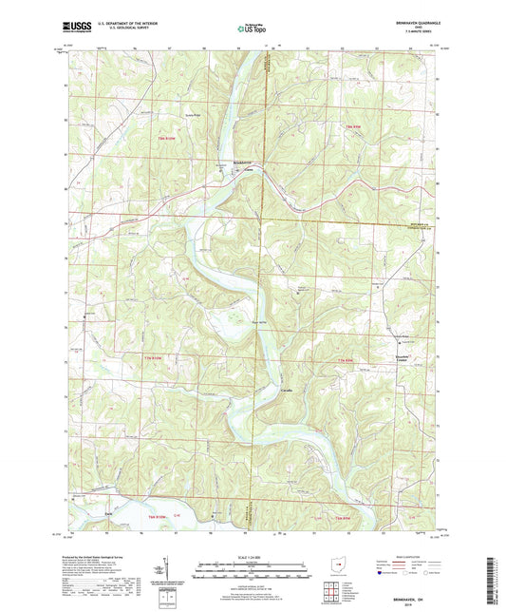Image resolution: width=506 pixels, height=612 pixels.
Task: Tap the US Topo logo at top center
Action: [x=252, y=29]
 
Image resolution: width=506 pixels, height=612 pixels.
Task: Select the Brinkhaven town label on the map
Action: [x=244, y=162]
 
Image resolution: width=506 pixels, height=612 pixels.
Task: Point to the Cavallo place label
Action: [x=285, y=391]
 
